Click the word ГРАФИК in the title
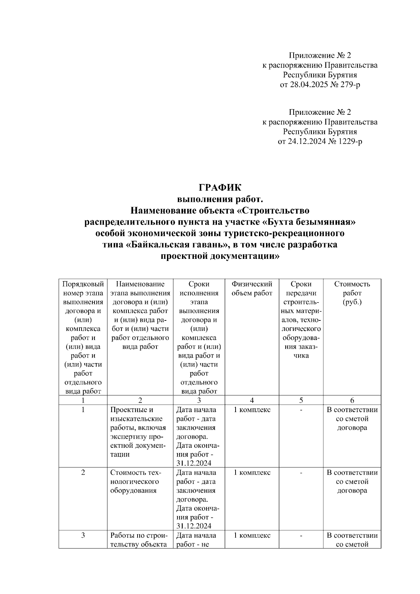point(220,188)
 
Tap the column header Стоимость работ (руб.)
point(352,293)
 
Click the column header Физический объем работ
point(252,289)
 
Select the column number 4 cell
point(252,400)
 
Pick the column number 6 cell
point(352,400)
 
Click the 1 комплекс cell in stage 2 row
point(252,473)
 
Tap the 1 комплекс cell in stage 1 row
point(252,410)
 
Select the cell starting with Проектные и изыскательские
point(138,432)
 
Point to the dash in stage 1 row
point(301,410)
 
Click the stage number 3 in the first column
point(83,535)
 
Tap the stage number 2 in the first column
point(83,473)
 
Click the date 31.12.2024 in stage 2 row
point(194,526)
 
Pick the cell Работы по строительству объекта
point(139,539)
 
